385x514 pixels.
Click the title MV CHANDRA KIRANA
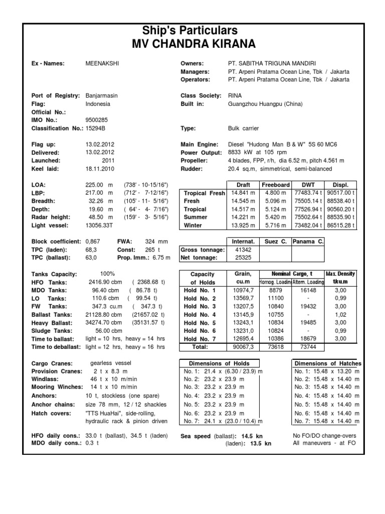[x=193, y=44]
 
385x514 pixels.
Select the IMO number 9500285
[x=96, y=120]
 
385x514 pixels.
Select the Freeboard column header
[x=275, y=185]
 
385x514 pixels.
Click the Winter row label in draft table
[x=193, y=226]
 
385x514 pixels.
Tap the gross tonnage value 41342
[x=243, y=249]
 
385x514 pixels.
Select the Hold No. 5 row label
[x=200, y=323]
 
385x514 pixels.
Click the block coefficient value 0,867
[x=93, y=241]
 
